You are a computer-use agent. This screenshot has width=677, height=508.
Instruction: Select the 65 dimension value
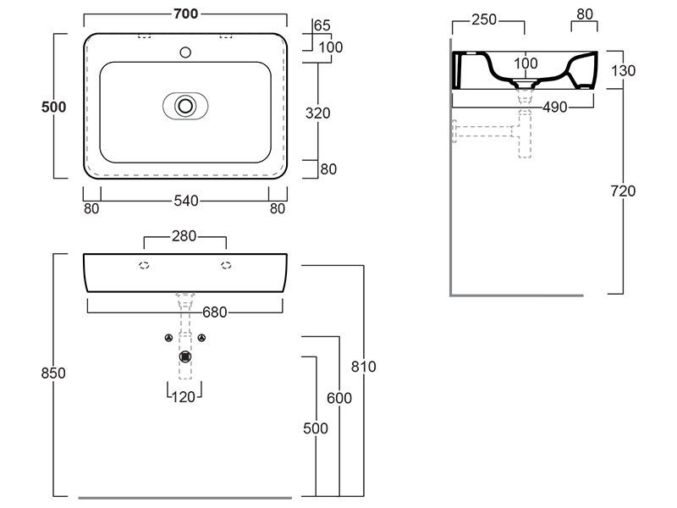[322, 25]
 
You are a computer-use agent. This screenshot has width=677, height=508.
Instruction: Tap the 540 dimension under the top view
[185, 202]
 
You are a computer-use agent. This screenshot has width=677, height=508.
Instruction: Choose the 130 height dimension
[623, 70]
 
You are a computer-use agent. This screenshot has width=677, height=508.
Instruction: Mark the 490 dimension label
[555, 107]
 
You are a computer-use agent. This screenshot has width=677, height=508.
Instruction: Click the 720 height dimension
[623, 191]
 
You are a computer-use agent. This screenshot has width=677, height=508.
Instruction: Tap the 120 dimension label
[184, 396]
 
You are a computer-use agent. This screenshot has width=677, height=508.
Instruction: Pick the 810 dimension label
[364, 367]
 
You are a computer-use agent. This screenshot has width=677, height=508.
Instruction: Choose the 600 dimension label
[339, 398]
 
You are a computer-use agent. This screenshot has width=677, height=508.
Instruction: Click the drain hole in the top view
[184, 106]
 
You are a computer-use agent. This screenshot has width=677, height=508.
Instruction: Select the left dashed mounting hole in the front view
[144, 265]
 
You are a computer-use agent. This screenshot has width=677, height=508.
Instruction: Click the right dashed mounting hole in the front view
[226, 265]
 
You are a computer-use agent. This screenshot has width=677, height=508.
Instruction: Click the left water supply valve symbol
[168, 339]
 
